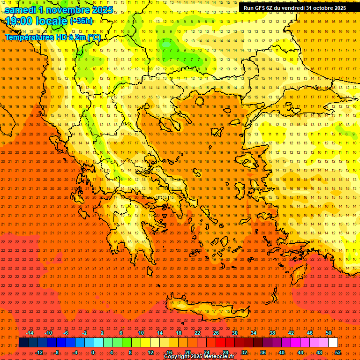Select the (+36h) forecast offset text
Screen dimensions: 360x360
(81, 21)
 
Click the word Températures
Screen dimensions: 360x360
(29, 37)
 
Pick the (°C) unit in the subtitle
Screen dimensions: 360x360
(94, 37)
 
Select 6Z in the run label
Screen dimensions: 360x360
(272, 8)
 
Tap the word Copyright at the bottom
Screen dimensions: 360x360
(178, 357)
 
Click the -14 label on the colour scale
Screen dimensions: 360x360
(30, 333)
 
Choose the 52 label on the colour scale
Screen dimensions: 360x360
(338, 352)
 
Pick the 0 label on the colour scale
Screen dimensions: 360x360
(93, 352)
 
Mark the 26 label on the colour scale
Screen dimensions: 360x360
(216, 333)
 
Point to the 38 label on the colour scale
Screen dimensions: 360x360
(272, 333)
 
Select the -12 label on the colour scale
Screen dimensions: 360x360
(39, 352)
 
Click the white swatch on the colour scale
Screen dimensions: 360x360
(333, 343)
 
